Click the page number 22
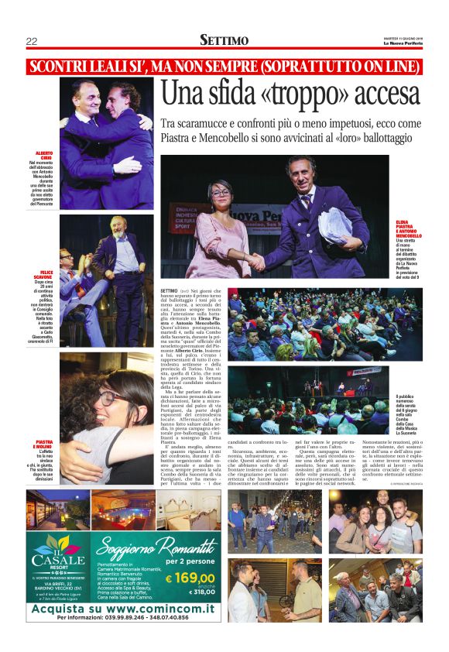[x=32, y=41]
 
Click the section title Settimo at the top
[x=224, y=40]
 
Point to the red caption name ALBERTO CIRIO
[x=43, y=155]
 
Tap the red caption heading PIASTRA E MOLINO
[x=43, y=444]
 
